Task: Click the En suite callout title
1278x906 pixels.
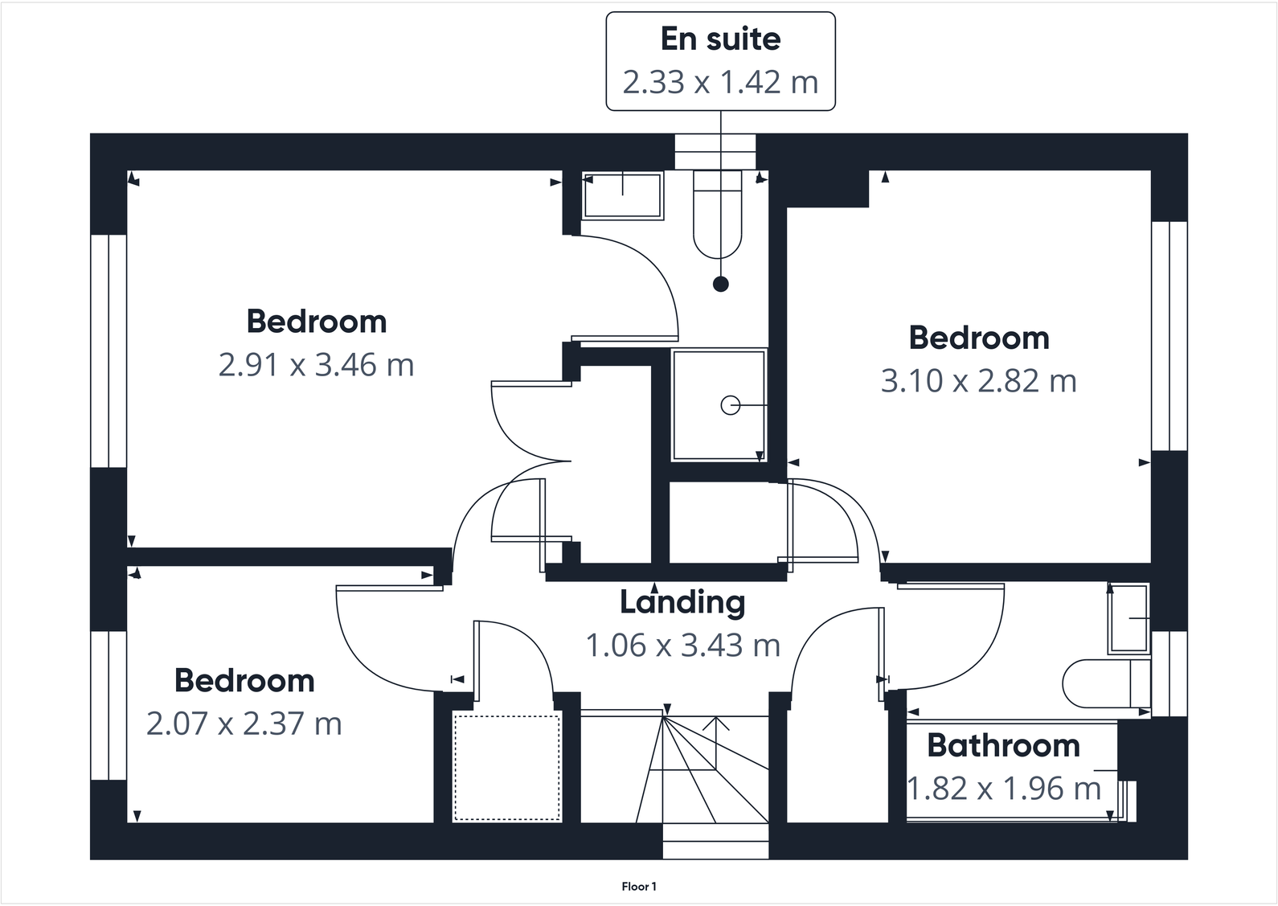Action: [x=720, y=39]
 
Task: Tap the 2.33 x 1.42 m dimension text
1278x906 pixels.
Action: [x=720, y=82]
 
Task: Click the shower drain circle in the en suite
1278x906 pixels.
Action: [x=730, y=406]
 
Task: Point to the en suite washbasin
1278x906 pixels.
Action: [x=623, y=195]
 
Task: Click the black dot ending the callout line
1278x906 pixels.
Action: [x=721, y=284]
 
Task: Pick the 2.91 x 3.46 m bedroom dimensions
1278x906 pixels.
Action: [x=316, y=365]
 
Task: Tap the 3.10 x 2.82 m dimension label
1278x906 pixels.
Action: [x=978, y=381]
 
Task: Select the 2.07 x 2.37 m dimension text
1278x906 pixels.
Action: [x=244, y=724]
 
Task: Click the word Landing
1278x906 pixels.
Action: [x=682, y=601]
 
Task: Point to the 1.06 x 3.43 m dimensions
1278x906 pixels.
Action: [x=682, y=645]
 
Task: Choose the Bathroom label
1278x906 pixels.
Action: [x=1003, y=745]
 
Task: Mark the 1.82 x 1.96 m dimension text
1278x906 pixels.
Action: [x=1003, y=789]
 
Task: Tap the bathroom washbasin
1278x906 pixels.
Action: [x=1129, y=618]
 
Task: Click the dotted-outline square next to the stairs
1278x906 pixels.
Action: [x=506, y=768]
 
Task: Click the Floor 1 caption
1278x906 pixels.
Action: [x=639, y=887]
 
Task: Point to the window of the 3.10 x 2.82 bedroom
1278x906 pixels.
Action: [x=1169, y=335]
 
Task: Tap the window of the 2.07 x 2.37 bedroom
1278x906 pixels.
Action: [x=109, y=705]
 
